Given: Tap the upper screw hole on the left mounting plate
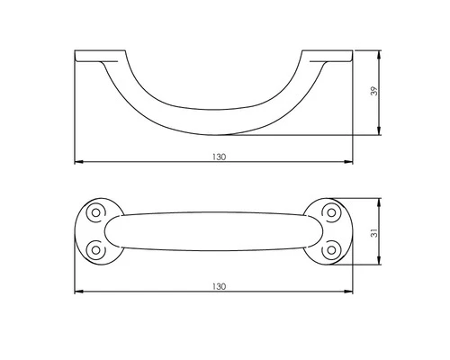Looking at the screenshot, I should [94, 212].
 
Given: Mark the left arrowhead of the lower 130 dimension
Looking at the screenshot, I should [76, 292].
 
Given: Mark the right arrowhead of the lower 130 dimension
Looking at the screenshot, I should [351, 292].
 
